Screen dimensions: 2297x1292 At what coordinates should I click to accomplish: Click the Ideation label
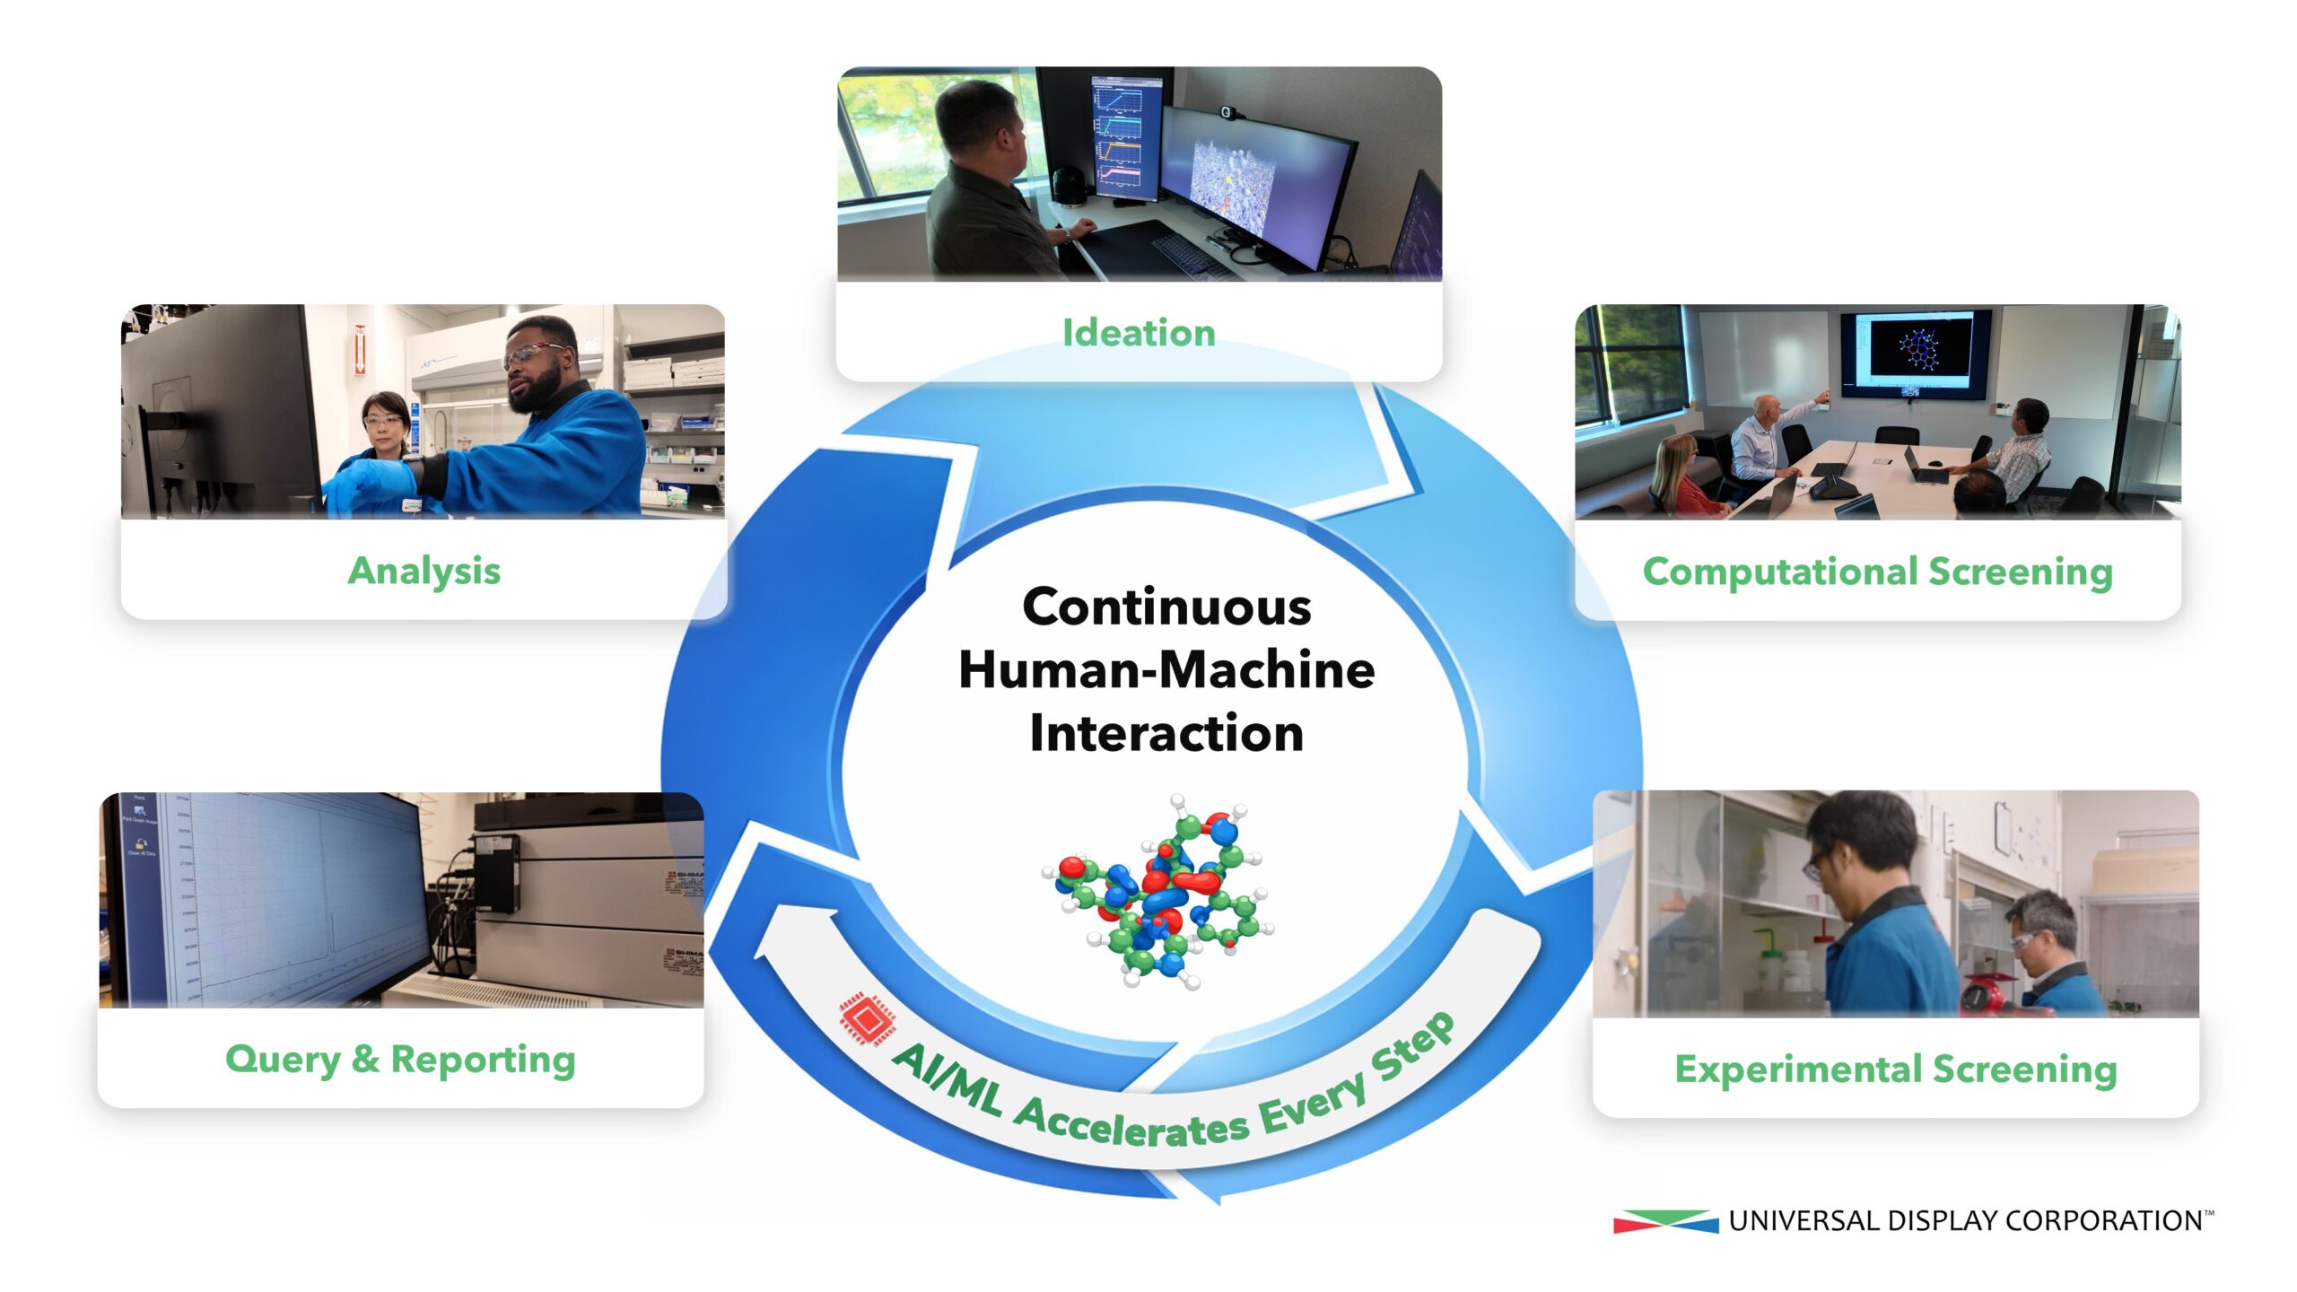pos(1139,333)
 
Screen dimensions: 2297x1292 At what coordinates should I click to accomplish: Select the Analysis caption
pos(424,572)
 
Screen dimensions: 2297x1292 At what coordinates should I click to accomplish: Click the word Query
pos(283,1061)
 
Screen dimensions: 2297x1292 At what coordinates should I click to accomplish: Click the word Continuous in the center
pos(1166,607)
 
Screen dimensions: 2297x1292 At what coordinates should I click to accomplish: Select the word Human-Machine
pos(1166,670)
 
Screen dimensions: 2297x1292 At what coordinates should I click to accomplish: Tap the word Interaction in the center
pos(1166,733)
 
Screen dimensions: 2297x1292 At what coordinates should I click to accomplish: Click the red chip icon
pos(867,1018)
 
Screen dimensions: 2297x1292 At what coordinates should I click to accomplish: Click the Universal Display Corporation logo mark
pos(1665,1221)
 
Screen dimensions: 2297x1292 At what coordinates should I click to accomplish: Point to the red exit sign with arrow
pos(360,350)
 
